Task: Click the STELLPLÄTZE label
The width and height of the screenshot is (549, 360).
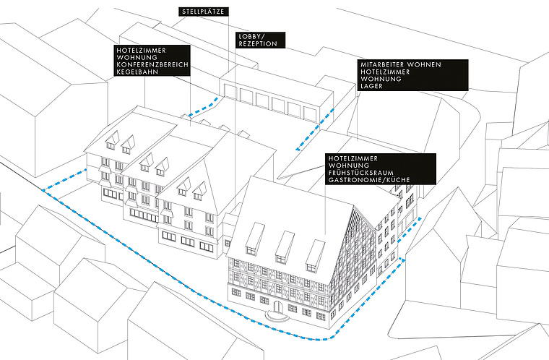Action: click(205, 12)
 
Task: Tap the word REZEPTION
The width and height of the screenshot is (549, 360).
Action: click(256, 43)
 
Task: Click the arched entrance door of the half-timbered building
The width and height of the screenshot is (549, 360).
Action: click(277, 311)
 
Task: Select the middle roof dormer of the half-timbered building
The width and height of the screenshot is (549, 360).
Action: click(284, 246)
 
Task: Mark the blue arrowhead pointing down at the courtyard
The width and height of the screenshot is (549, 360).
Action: click(298, 148)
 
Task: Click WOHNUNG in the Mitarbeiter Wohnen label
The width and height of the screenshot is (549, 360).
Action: click(375, 80)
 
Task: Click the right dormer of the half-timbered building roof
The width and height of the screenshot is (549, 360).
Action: click(314, 254)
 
